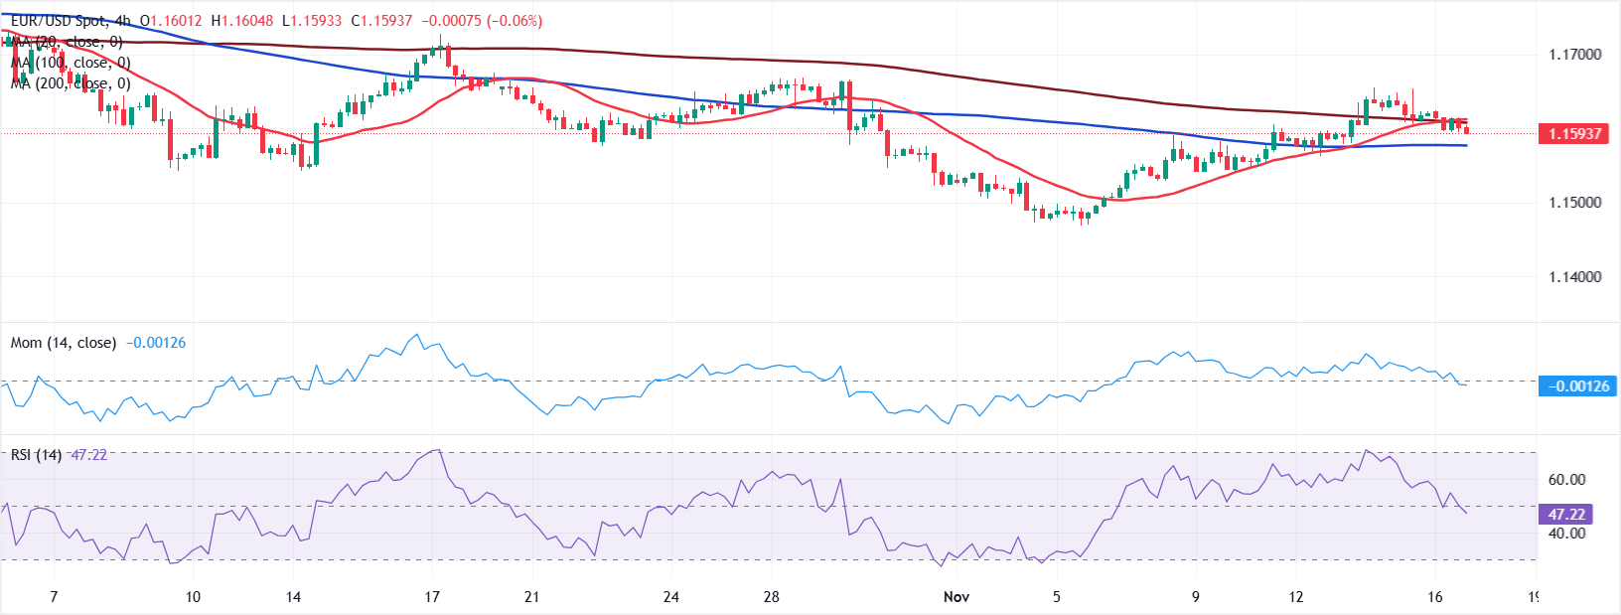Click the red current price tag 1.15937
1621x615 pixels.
[x=1573, y=133]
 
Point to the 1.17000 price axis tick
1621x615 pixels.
[x=1574, y=55]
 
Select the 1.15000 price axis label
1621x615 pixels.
[x=1574, y=203]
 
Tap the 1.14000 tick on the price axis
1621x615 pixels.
[x=1574, y=277]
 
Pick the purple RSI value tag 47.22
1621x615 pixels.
[x=1565, y=514]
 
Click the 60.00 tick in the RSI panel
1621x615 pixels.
[x=1566, y=480]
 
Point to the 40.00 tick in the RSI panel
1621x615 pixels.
[x=1566, y=534]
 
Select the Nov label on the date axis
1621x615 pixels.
[x=956, y=597]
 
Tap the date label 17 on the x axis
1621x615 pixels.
[x=432, y=597]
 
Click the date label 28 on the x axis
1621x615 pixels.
[x=772, y=597]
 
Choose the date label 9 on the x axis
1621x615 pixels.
[x=1196, y=597]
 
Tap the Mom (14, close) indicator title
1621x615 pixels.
[x=63, y=343]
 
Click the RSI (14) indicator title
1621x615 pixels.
[x=36, y=455]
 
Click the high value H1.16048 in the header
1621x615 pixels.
[x=241, y=21]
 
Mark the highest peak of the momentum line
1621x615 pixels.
[x=416, y=335]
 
